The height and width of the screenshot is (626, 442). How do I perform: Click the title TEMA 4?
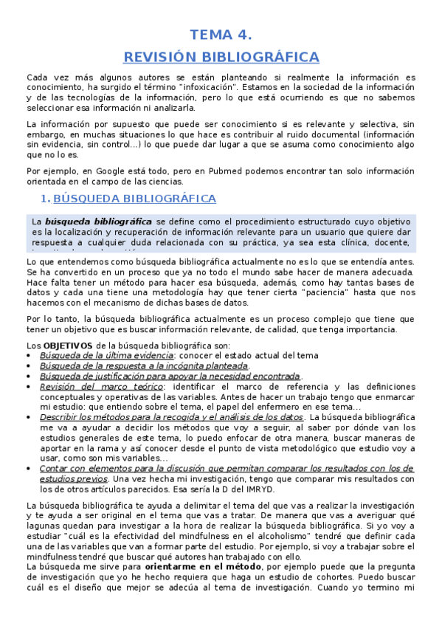click(x=221, y=35)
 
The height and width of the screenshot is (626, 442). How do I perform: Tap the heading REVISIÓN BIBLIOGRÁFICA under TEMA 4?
click(x=221, y=57)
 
